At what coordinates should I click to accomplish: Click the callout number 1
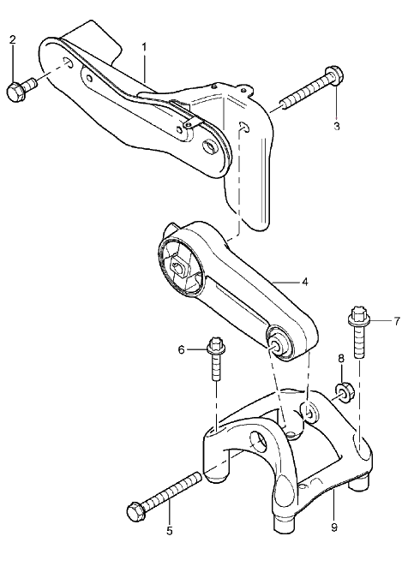(144, 47)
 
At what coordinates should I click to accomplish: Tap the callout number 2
(13, 39)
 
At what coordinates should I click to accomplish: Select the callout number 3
(337, 127)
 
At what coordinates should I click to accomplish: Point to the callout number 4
(304, 282)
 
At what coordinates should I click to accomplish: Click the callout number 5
(170, 531)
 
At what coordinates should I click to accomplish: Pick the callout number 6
(181, 349)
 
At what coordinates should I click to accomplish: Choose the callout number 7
(397, 320)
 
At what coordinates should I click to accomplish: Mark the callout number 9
(334, 527)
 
